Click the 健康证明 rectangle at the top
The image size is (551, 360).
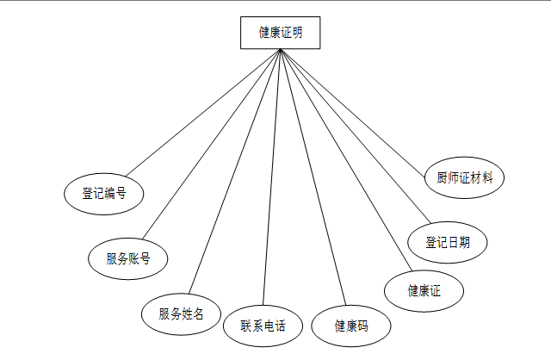[280, 34]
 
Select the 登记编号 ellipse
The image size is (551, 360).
[104, 193]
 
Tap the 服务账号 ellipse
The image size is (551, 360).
[128, 258]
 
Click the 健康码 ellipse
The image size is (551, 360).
[350, 326]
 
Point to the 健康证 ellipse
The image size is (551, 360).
[424, 290]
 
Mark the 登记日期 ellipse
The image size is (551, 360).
[447, 242]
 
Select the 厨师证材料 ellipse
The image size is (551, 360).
[464, 178]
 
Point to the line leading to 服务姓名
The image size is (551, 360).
[235, 171]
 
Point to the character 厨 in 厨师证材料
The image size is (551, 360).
[441, 178]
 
